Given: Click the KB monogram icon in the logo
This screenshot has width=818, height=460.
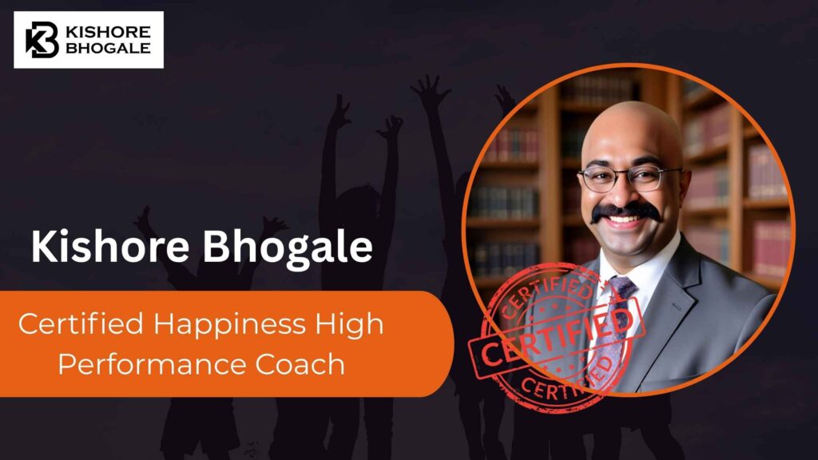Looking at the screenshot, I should pyautogui.click(x=42, y=40).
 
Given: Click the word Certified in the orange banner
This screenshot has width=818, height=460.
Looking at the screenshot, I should pyautogui.click(x=79, y=325).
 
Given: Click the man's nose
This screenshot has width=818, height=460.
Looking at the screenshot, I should pyautogui.click(x=629, y=192).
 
